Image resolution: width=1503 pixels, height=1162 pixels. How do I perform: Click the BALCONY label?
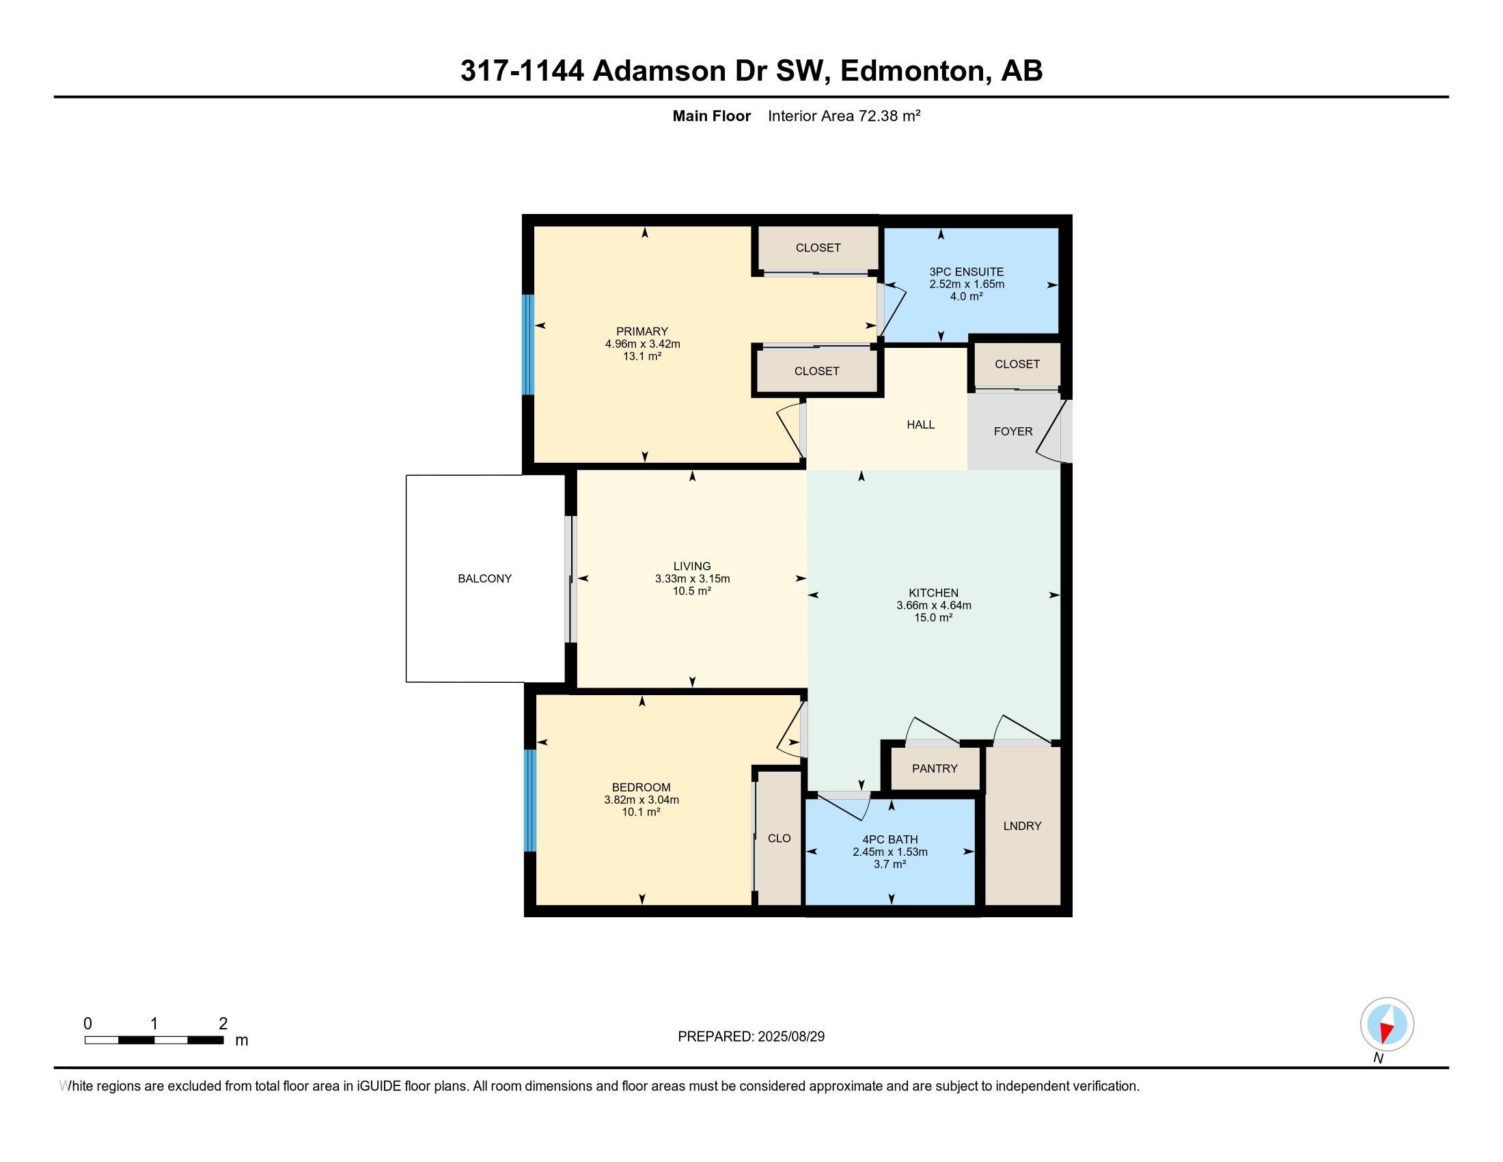(484, 578)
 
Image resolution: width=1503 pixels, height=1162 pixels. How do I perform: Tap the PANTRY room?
(935, 768)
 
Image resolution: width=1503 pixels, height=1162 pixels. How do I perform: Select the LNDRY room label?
(1022, 826)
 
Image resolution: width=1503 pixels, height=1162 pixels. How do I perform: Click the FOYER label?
(1013, 431)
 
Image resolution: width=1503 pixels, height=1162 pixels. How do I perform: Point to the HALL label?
(920, 424)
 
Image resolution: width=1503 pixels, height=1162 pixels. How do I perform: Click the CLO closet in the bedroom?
(779, 838)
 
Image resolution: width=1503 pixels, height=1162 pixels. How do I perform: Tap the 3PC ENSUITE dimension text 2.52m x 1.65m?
(966, 284)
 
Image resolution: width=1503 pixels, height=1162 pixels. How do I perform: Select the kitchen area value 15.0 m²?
(933, 618)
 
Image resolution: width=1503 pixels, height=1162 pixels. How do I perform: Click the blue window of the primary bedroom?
(528, 344)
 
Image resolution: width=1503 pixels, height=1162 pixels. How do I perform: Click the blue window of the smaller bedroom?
(530, 800)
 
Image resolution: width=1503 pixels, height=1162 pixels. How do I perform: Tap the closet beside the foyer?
(1017, 364)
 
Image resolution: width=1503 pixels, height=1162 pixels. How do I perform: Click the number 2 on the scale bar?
(222, 1024)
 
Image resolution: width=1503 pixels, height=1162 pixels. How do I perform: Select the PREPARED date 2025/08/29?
(790, 1037)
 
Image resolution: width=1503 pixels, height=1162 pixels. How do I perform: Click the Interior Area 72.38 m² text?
(844, 116)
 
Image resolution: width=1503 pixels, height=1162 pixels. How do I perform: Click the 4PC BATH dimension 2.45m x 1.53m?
(890, 852)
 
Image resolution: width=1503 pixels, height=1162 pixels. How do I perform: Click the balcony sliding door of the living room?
(570, 579)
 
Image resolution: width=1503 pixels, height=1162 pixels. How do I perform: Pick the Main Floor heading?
(711, 116)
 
